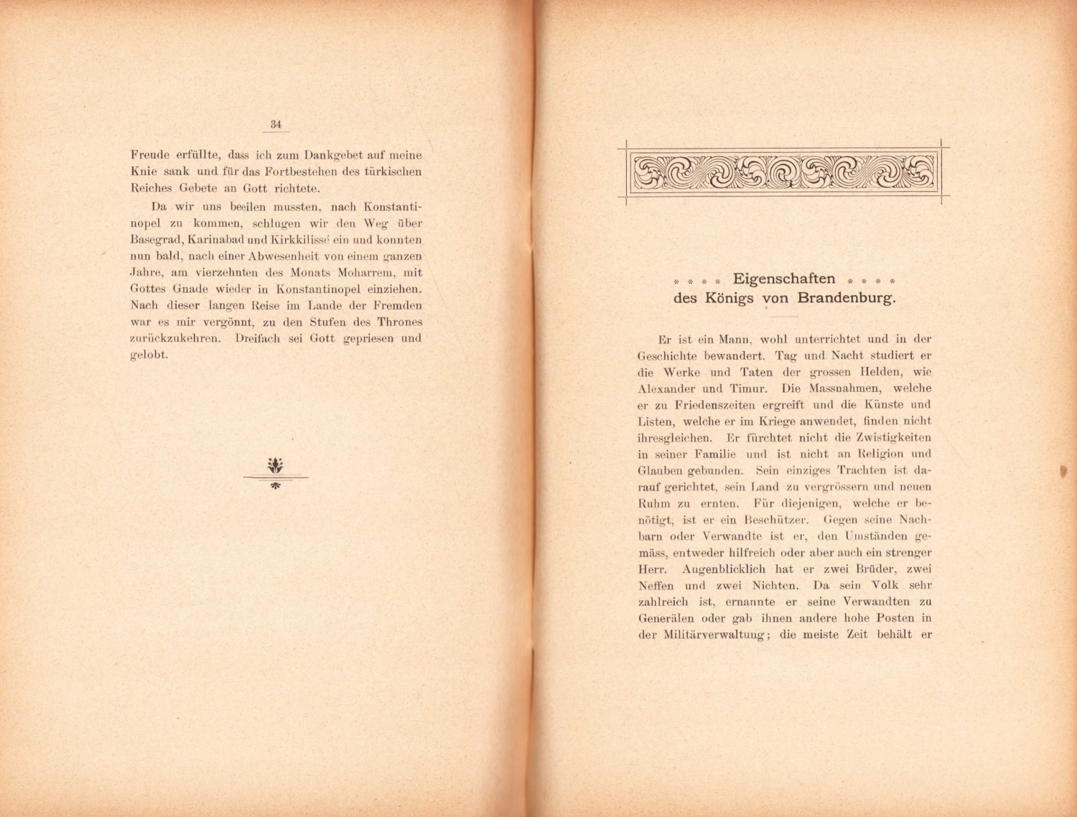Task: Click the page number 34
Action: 276,124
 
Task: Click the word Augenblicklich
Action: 730,569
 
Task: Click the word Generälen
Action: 666,618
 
